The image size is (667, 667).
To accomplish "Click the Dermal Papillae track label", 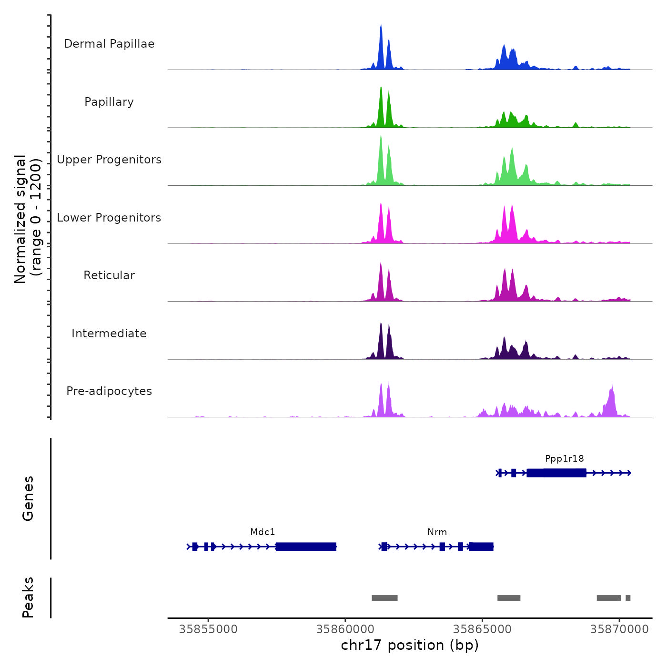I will tap(109, 44).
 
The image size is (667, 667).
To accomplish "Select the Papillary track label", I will tap(109, 102).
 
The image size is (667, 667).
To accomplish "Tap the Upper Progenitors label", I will tap(109, 160).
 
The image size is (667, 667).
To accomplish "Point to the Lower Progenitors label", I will tap(109, 218).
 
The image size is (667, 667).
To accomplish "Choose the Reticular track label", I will tap(109, 275).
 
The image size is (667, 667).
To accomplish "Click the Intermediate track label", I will tap(109, 333).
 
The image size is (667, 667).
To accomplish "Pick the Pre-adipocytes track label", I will tap(109, 391).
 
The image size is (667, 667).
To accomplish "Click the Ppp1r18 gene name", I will tap(565, 459).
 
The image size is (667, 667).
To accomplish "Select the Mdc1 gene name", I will tap(263, 532).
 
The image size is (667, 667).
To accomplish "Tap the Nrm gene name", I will tap(437, 532).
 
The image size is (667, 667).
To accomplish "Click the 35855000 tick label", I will tap(208, 629).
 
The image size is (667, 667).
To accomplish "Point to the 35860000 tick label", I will tap(345, 629).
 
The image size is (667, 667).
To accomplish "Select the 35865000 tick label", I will tap(482, 629).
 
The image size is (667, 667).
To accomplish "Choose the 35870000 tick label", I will tap(619, 629).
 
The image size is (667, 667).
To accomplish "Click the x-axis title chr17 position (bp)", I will tap(410, 645).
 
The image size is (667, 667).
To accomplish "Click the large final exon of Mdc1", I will tap(306, 546).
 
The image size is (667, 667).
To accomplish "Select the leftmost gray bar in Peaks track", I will tap(384, 598).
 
